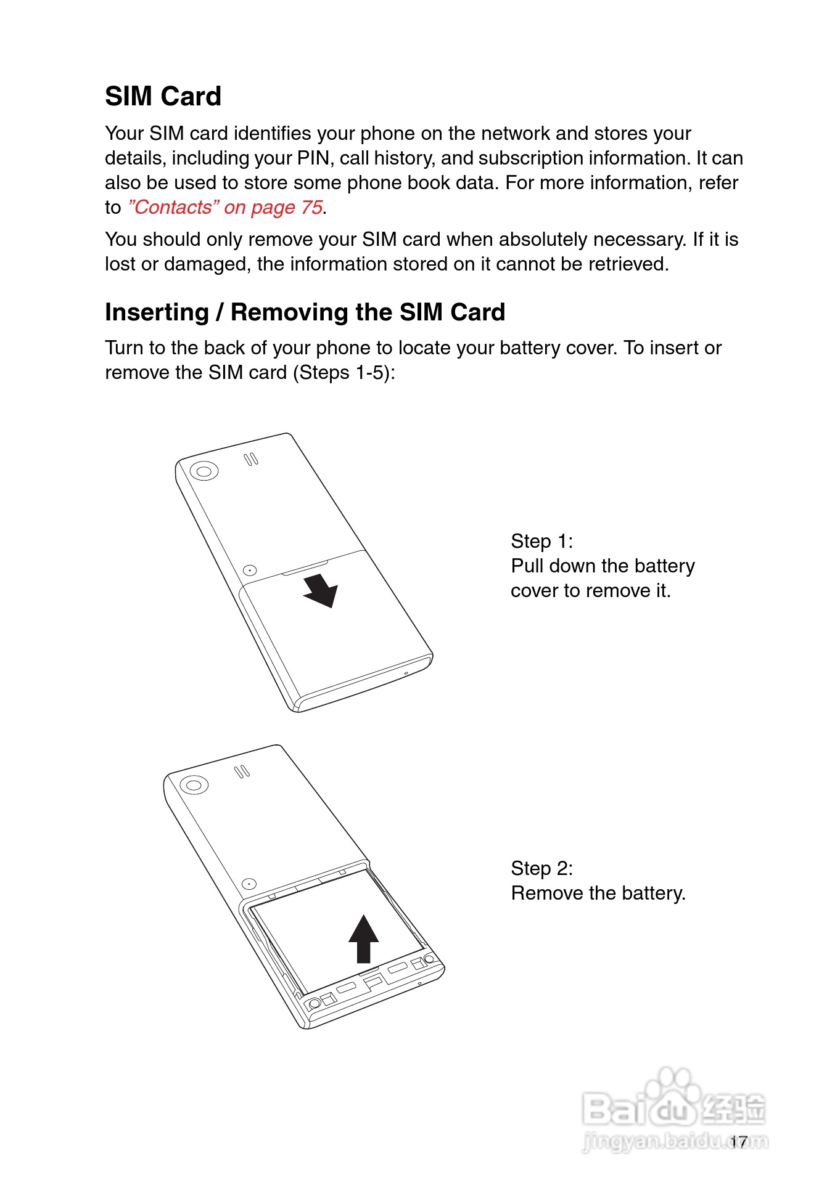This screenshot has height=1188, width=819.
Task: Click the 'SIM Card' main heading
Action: point(163,97)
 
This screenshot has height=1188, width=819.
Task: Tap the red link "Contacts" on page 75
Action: point(225,208)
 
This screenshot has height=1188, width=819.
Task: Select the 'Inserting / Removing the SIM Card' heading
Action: point(305,312)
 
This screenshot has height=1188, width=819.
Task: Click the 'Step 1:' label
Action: point(541,541)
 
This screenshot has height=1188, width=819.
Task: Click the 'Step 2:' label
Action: point(541,868)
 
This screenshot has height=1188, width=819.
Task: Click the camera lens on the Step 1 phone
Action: point(204,472)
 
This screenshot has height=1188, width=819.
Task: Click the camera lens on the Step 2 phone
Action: point(194,785)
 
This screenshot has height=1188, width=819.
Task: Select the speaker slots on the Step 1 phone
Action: point(251,460)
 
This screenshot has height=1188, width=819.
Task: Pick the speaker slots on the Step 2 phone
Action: point(242,771)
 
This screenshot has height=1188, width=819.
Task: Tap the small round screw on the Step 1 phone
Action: point(250,571)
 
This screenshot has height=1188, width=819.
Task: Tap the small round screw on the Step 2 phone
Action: point(248,884)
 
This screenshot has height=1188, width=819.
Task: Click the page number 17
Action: point(739,1142)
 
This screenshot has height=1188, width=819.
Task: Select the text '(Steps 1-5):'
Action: point(344,373)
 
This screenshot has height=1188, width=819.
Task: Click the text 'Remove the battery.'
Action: point(598,893)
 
